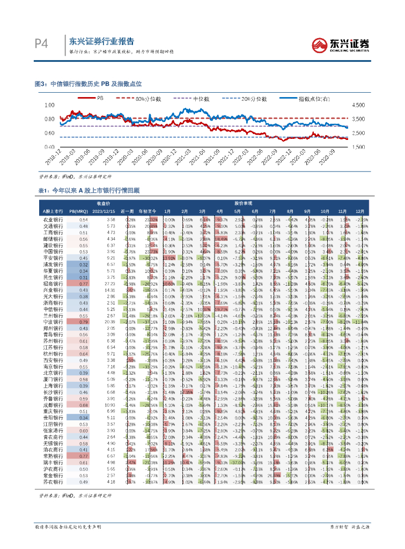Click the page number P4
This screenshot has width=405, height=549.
tap(41, 43)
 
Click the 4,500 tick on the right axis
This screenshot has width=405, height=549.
tap(358, 105)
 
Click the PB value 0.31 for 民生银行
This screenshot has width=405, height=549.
tap(83, 277)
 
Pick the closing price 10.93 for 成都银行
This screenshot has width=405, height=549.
tap(110, 405)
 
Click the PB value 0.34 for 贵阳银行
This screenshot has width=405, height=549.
tap(83, 417)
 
